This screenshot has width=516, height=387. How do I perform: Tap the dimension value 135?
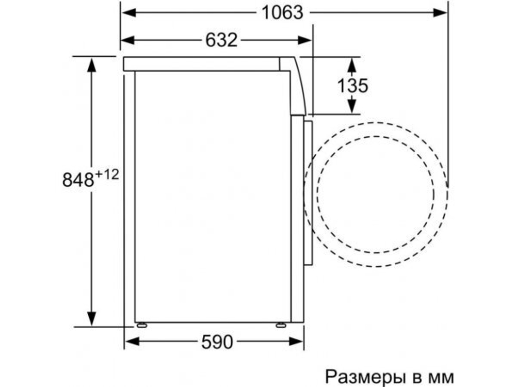(x=353, y=85)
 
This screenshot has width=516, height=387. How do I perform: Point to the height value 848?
(x=78, y=180)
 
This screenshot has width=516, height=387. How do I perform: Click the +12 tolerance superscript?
(x=107, y=175)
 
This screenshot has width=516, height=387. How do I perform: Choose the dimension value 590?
(x=217, y=341)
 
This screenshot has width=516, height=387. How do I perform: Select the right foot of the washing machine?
(x=281, y=326)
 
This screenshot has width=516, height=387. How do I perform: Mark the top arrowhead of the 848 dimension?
(x=92, y=62)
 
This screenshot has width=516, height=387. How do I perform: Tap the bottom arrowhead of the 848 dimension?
(x=92, y=320)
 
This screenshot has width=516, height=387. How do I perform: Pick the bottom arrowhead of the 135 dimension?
(x=352, y=106)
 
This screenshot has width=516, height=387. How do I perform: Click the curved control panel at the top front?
(x=296, y=85)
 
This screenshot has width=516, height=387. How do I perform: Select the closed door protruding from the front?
(x=308, y=193)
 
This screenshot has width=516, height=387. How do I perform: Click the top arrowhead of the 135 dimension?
(x=352, y=63)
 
